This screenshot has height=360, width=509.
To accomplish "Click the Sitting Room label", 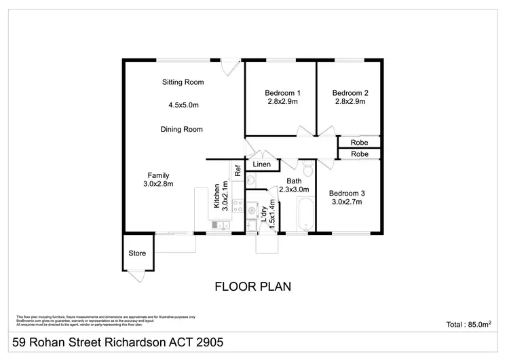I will point(183,82).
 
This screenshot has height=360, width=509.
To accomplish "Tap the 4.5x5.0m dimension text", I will point(183,105).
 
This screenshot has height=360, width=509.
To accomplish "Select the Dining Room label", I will point(182,129).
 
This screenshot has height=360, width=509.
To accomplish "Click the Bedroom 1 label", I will point(282,93).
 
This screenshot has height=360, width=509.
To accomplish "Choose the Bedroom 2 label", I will point(350,93).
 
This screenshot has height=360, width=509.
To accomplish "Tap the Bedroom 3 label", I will point(347,192).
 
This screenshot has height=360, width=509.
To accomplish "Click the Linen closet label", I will point(262,164).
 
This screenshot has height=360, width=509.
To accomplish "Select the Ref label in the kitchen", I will point(238,171).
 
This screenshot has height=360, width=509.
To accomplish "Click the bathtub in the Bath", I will point(306,215).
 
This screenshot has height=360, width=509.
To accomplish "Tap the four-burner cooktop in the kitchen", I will point(237,204).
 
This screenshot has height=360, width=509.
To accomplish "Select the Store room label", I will point(138,253).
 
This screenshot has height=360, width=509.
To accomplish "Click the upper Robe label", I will point(360,143).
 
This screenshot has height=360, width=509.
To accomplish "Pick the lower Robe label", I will point(360,154).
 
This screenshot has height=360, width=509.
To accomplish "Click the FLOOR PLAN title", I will point(253,286).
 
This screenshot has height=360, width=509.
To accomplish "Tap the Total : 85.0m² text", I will point(469,325).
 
